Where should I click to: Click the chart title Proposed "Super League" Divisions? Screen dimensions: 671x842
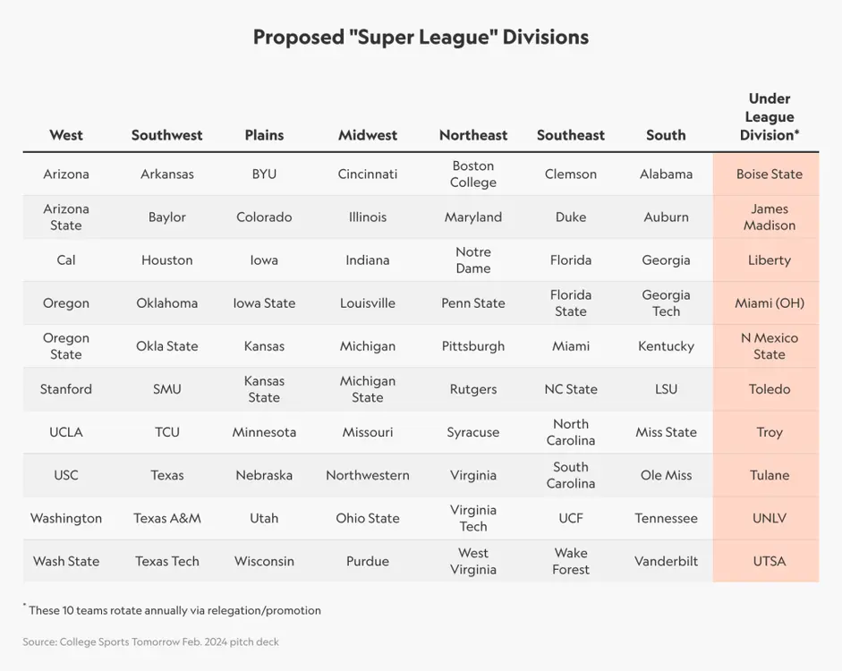pyautogui.click(x=421, y=38)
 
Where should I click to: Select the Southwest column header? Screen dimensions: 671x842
pyautogui.click(x=166, y=135)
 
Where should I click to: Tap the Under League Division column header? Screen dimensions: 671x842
pyautogui.click(x=770, y=117)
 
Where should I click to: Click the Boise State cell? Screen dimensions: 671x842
pyautogui.click(x=770, y=174)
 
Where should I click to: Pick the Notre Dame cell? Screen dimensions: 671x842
pyautogui.click(x=473, y=260)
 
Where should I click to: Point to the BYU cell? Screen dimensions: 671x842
pyautogui.click(x=264, y=174)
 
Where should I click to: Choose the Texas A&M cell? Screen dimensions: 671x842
pyautogui.click(x=166, y=518)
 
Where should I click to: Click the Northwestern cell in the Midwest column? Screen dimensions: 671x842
pyautogui.click(x=368, y=475)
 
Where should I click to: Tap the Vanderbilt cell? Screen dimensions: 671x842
pyautogui.click(x=666, y=561)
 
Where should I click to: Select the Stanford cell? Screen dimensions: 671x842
pyautogui.click(x=66, y=389)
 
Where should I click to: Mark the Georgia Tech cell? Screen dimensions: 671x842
pyautogui.click(x=666, y=303)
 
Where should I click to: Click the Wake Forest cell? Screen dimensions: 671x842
pyautogui.click(x=571, y=561)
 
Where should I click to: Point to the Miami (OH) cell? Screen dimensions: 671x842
pyautogui.click(x=770, y=303)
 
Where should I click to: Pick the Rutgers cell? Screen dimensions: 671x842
pyautogui.click(x=473, y=389)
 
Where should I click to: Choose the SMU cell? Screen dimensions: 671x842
pyautogui.click(x=166, y=389)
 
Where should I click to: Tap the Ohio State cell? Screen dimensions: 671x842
pyautogui.click(x=368, y=518)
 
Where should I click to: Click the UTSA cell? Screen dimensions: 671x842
pyautogui.click(x=770, y=561)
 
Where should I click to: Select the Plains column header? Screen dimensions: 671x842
pyautogui.click(x=264, y=135)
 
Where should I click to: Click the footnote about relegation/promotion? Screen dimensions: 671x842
pyautogui.click(x=174, y=610)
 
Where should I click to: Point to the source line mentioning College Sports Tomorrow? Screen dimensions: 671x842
pyautogui.click(x=150, y=641)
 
